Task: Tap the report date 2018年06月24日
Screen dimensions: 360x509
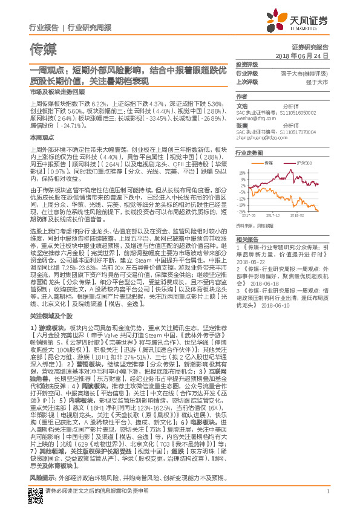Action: [301, 55]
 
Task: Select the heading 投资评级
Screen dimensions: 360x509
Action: [246, 64]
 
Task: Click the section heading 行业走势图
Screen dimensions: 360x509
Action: [249, 154]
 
